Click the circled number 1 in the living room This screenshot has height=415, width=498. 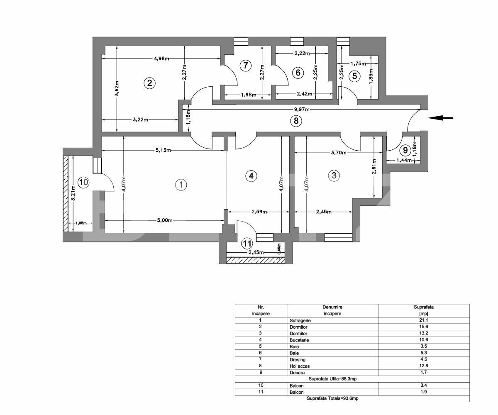coord(181,185)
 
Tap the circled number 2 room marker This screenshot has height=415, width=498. coord(149,83)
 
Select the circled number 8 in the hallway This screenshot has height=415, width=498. coord(295,121)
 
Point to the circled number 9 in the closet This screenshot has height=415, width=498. coord(405,150)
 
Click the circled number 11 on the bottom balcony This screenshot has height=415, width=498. coord(247,243)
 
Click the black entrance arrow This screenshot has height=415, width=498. coord(440,118)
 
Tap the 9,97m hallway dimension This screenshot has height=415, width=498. coord(301,109)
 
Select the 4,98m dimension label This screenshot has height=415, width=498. coord(161,59)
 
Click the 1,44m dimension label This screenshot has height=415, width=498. coord(404,160)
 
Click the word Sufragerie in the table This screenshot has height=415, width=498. coord(300,320)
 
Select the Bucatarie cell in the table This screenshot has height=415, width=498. coord(299,340)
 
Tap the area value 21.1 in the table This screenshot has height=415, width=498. coord(424,320)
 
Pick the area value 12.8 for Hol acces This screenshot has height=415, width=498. coord(424,366)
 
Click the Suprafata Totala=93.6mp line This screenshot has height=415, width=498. coord(332,398)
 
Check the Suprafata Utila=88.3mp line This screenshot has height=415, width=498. coord(333,379)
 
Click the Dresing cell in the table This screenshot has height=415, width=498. coord(297,359)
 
